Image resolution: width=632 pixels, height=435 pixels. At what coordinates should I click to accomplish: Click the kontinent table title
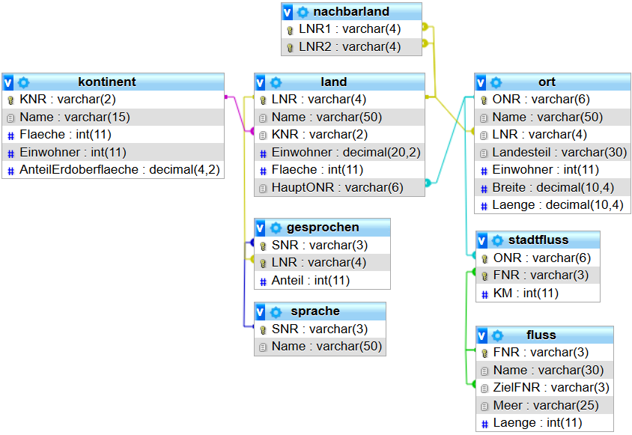pos(107,82)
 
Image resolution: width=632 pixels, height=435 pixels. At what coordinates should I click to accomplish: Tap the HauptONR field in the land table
pos(337,188)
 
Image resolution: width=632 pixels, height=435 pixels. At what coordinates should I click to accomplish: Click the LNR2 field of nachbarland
pos(350,46)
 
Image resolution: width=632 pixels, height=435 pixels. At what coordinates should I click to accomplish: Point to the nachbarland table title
pos(351,11)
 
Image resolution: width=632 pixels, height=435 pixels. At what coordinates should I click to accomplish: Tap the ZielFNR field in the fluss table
pos(550,388)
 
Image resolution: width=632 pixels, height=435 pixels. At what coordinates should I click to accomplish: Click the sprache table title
pos(315,311)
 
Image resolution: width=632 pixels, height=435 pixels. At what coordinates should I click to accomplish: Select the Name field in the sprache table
pos(326,347)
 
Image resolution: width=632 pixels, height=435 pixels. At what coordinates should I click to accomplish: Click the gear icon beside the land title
pos(276,82)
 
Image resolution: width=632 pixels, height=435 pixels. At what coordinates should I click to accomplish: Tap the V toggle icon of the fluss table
pos(482,335)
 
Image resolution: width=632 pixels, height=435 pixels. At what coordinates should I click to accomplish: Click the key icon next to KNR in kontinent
pos(10,100)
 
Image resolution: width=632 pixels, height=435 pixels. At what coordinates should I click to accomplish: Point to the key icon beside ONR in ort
pos(484,100)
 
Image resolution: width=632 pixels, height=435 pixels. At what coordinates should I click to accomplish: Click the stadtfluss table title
pos(538,240)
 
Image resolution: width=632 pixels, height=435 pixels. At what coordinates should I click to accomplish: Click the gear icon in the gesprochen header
pos(276,228)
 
